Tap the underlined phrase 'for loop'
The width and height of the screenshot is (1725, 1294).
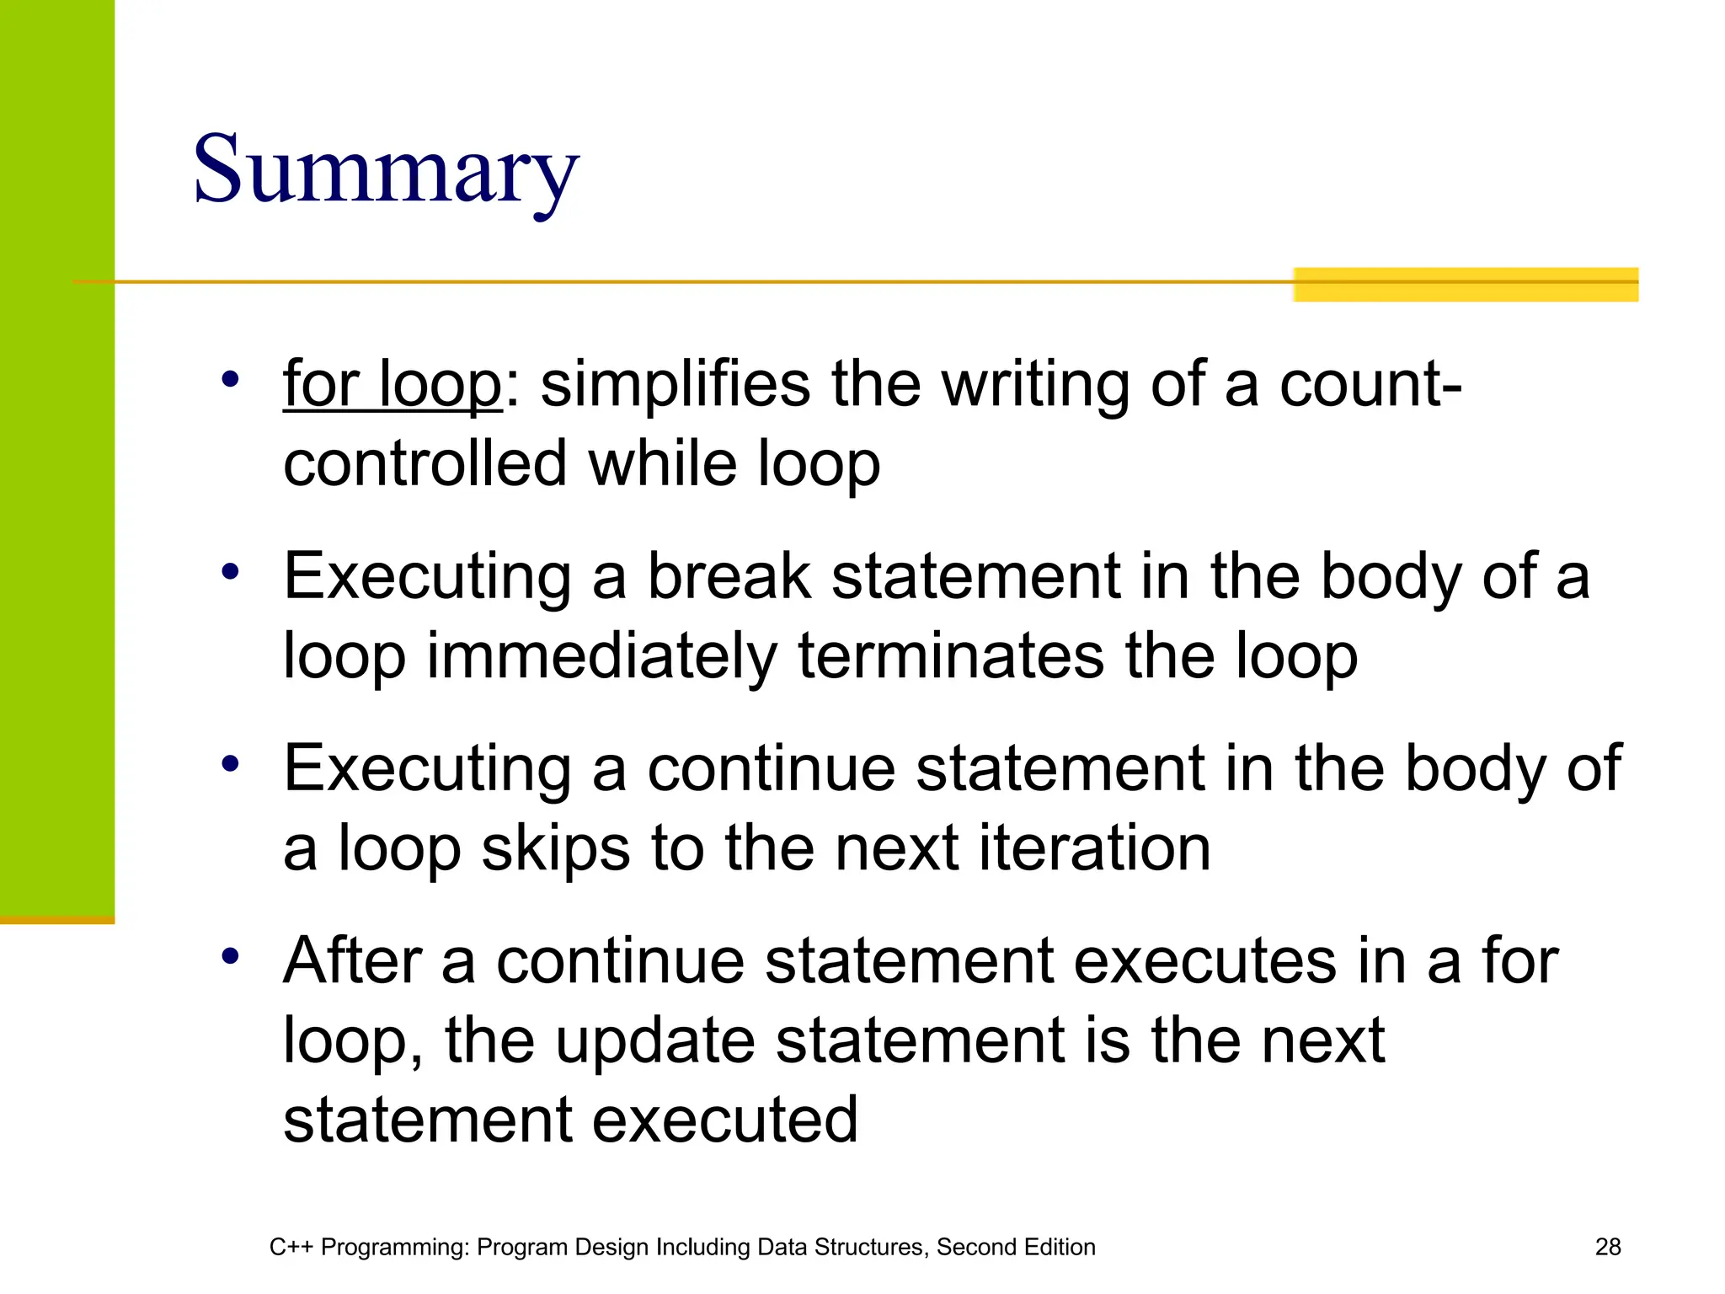click(393, 385)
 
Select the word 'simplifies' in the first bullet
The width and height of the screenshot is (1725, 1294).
click(675, 385)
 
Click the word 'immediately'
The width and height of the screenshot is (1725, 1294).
click(601, 656)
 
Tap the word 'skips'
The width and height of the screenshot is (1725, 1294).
click(555, 848)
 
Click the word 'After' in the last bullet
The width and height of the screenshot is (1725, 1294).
click(353, 961)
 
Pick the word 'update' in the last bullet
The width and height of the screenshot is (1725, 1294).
click(654, 1041)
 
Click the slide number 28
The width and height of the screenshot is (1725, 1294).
click(1607, 1247)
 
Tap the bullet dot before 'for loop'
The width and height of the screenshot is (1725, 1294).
click(230, 380)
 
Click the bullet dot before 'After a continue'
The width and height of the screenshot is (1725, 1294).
click(230, 956)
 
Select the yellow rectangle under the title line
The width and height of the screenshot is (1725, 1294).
click(1465, 285)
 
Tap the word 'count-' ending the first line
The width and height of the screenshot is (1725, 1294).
click(1370, 385)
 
